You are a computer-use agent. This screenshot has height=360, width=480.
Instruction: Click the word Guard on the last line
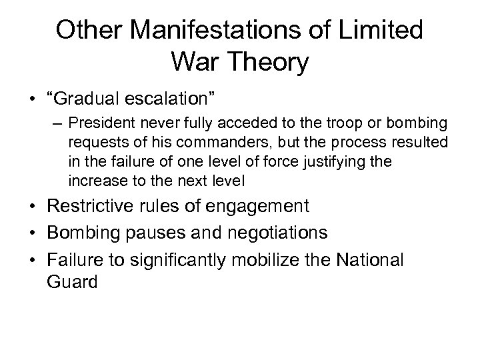coord(73,281)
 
